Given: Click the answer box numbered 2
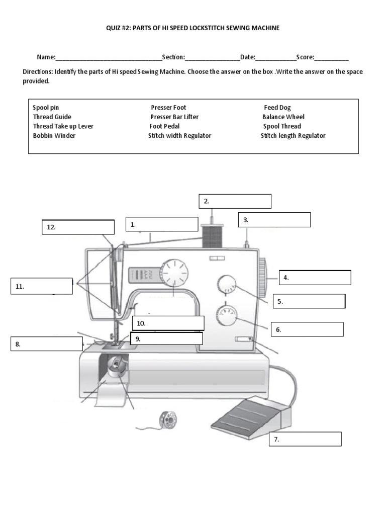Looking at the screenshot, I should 235,201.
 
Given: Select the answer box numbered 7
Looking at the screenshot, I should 306,439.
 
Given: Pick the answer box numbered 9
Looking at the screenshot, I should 166,339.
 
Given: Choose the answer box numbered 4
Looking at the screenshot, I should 315,278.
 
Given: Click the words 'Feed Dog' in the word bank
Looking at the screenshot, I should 277,108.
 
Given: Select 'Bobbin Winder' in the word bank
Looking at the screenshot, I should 54,136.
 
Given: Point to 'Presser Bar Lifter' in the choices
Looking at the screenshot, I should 174,117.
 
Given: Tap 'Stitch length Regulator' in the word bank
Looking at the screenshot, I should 293,136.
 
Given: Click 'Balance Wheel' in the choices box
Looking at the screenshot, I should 283,117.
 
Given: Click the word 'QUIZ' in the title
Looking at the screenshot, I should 115,28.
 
